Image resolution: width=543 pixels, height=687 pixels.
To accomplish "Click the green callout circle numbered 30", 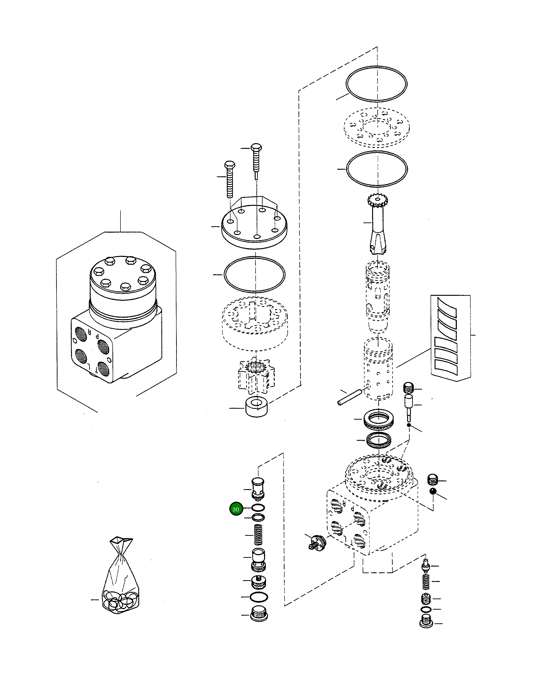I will (236, 509).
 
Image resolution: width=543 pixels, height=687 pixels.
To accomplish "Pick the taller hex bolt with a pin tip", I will (256, 162).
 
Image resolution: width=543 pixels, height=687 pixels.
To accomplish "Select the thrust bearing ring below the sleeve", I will (378, 420).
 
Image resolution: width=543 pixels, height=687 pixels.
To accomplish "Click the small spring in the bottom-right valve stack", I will (426, 581).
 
